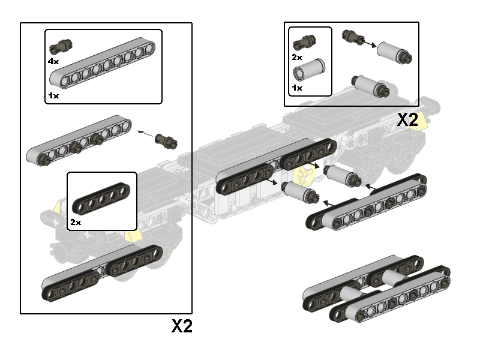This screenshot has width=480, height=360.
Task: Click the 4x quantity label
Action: pyautogui.click(x=53, y=62)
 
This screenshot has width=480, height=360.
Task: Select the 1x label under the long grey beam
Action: pyautogui.click(x=53, y=96)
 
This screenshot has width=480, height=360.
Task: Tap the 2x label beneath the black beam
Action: pyautogui.click(x=76, y=222)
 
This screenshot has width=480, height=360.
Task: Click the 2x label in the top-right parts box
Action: pyautogui.click(x=297, y=57)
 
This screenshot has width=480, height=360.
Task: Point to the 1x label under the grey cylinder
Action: pyautogui.click(x=297, y=88)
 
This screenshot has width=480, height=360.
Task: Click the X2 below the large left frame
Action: pyautogui.click(x=182, y=326)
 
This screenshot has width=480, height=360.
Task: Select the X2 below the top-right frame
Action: pyautogui.click(x=407, y=119)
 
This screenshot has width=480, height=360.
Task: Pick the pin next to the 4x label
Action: pyautogui.click(x=61, y=46)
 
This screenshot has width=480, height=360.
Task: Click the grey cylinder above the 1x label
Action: pyautogui.click(x=309, y=70)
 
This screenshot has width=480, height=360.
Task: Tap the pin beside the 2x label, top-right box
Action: pyautogui.click(x=305, y=43)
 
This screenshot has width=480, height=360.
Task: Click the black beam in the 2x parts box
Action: pyautogui.click(x=101, y=199)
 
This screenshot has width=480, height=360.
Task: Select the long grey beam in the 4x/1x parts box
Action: pyautogui.click(x=102, y=63)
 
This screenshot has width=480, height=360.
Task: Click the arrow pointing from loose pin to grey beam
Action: pyautogui.click(x=145, y=134)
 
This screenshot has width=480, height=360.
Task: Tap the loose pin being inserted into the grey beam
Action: pyautogui.click(x=166, y=141)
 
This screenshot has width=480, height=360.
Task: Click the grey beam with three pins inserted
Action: pyautogui.click(x=79, y=140)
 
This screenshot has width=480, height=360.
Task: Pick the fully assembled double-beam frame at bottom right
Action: pyautogui.click(x=377, y=289)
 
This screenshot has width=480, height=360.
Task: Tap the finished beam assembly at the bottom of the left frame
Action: pyautogui.click(x=102, y=272)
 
